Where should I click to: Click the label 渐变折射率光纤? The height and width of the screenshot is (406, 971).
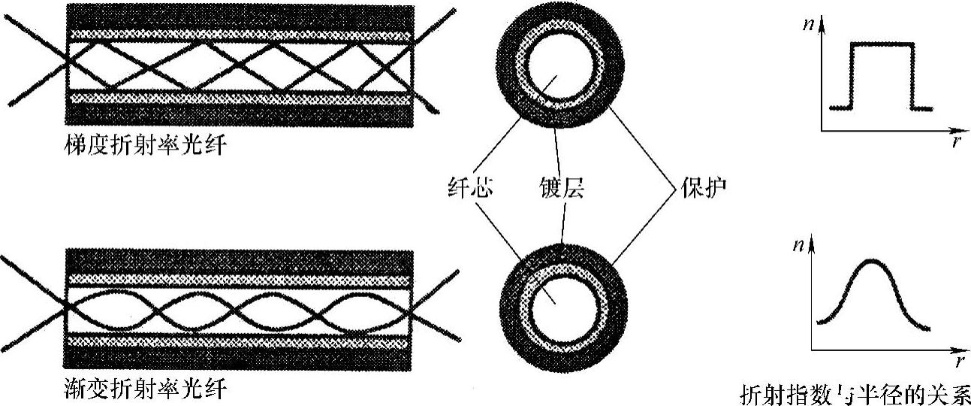click(x=146, y=390)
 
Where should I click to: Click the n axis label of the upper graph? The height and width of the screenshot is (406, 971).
click(x=808, y=23)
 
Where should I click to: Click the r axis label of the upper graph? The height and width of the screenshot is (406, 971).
click(x=954, y=141)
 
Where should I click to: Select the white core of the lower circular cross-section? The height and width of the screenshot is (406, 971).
click(x=562, y=299)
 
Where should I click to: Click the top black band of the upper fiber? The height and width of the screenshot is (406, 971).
click(x=240, y=17)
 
